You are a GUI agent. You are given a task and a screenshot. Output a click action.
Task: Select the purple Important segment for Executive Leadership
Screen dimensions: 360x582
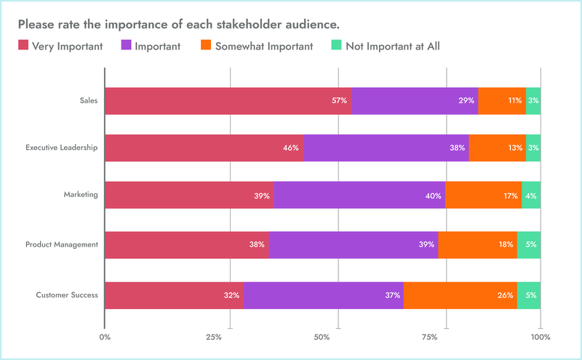click(386, 148)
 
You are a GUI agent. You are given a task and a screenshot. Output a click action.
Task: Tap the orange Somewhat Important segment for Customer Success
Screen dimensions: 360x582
click(460, 295)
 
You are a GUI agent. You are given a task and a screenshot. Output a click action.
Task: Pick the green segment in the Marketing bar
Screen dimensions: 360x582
click(531, 196)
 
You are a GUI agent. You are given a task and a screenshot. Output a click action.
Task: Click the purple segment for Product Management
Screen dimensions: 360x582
click(353, 244)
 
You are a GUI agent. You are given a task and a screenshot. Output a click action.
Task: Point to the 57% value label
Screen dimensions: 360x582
click(339, 100)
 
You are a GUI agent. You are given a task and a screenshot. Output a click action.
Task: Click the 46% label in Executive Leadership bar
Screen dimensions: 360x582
click(291, 148)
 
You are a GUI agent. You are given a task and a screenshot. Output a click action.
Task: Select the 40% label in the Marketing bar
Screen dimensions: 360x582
click(433, 196)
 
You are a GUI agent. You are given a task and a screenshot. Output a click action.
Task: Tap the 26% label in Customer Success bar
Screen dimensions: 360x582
click(506, 295)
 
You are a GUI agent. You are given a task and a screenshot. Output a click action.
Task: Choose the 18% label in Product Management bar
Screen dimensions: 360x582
click(506, 244)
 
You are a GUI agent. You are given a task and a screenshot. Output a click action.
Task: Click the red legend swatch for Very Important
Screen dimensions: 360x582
click(23, 47)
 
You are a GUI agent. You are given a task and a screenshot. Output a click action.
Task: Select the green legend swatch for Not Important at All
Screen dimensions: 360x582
click(336, 47)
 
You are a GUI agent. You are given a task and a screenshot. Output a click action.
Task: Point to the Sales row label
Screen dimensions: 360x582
click(89, 100)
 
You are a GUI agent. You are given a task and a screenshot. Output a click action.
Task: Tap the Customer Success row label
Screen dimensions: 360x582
click(67, 295)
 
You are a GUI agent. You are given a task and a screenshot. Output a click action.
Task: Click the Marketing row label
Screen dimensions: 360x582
click(81, 196)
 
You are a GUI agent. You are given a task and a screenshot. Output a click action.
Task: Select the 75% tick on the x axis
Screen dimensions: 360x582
click(430, 337)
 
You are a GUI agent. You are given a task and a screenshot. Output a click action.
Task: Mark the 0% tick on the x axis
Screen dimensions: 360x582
click(105, 337)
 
